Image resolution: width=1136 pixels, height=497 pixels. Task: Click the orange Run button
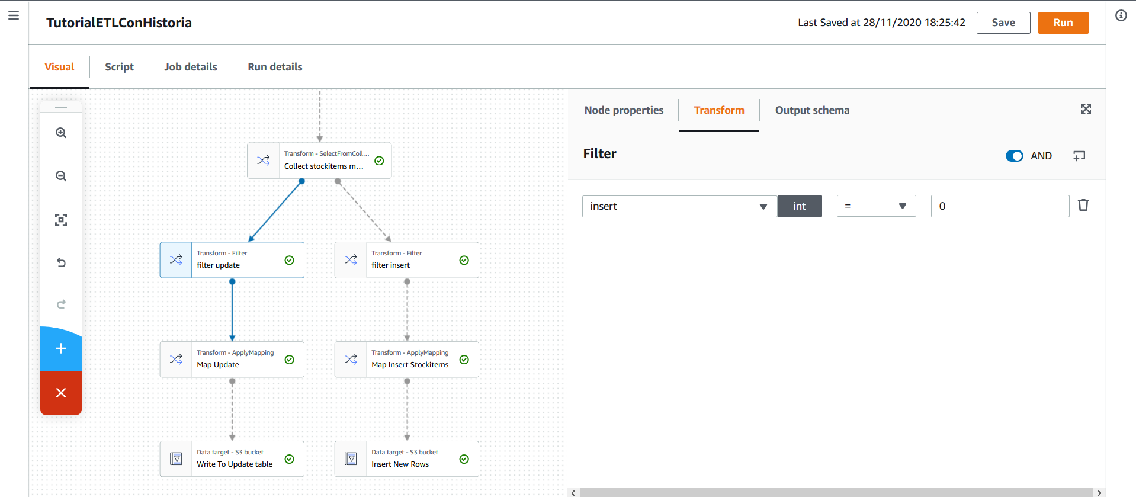1063,23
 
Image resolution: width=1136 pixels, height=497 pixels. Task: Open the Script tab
119,67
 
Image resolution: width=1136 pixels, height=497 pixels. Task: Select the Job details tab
191,67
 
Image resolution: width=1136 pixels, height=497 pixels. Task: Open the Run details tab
275,67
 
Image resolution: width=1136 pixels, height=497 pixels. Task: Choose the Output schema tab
812,110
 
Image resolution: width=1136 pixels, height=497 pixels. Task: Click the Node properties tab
624,110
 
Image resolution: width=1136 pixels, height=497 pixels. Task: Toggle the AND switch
1014,156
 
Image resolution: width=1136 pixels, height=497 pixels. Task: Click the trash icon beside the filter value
1083,205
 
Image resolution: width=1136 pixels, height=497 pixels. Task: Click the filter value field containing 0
1000,206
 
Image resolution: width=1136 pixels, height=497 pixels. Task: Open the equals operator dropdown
876,206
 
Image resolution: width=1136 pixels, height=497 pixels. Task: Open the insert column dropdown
679,206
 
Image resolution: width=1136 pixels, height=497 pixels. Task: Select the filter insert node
406,260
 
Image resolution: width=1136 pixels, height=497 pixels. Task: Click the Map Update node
232,360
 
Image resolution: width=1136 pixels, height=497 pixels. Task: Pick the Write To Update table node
232,459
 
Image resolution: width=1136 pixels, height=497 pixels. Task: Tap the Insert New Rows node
406,459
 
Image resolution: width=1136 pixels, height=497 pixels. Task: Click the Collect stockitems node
319,161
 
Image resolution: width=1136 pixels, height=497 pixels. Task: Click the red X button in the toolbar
61,393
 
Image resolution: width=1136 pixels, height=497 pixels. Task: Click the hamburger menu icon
14,15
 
